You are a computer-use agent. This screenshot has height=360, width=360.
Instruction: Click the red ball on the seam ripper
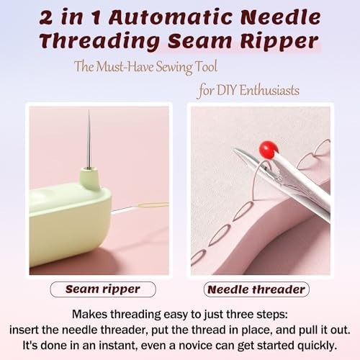[269, 150]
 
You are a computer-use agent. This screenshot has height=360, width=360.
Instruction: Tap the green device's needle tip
[89, 114]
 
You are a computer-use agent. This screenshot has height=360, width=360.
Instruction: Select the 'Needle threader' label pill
[256, 289]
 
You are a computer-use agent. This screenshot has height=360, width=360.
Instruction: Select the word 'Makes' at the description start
[91, 315]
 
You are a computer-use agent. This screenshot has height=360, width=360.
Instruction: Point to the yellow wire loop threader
[153, 205]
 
